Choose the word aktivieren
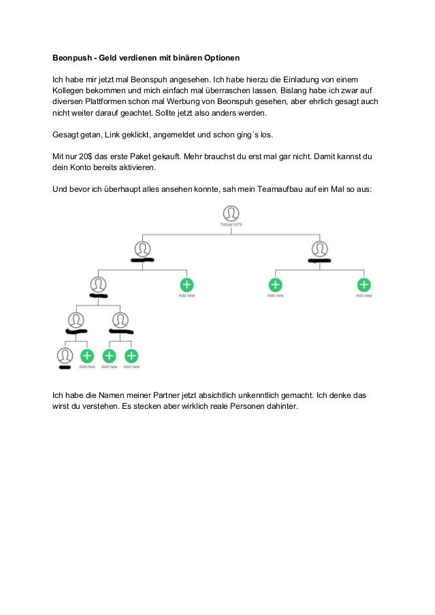[x=137, y=167]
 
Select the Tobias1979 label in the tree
[x=231, y=224]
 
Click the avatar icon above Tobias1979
[x=231, y=213]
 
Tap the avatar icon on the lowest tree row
[x=65, y=355]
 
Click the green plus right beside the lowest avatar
[x=87, y=355]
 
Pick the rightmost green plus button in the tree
[x=364, y=285]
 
